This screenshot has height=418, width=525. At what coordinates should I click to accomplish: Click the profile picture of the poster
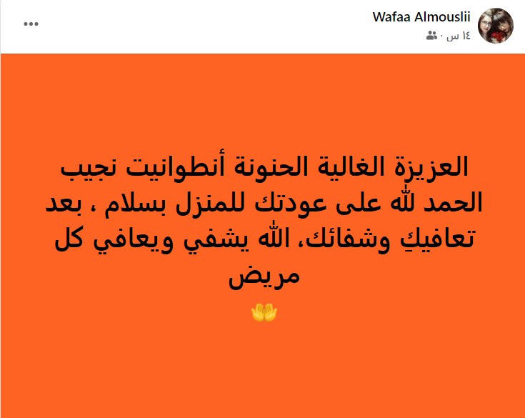point(496,26)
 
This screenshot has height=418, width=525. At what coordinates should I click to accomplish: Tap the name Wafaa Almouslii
point(421,16)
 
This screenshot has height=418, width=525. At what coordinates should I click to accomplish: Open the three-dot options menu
point(31,24)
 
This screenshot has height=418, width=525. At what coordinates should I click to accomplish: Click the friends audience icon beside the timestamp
point(431,35)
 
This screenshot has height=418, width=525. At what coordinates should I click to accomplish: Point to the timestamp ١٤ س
point(459,36)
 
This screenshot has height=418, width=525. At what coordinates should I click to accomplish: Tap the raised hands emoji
point(264,312)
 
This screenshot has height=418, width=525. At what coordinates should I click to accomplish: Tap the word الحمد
point(453,203)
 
